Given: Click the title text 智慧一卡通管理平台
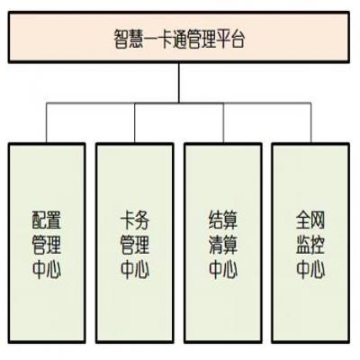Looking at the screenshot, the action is point(179,39).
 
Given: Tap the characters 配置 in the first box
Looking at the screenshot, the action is point(47,220).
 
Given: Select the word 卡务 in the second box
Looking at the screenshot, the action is point(135,220).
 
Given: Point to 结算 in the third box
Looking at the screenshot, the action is point(223,220).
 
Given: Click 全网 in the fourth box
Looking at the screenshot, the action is point(310,220).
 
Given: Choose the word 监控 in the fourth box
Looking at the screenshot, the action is point(310,245).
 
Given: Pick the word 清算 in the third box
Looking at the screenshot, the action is point(223,245).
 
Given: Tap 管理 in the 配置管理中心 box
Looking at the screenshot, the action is point(47,245).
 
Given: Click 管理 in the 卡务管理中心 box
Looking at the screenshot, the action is point(135,245).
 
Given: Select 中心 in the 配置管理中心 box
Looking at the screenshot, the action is point(47,269).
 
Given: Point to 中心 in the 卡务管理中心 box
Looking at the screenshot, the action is point(135,269).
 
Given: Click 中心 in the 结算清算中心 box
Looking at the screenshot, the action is point(223,269).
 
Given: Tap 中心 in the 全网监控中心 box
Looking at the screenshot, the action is point(310,269).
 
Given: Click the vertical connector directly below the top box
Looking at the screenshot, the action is point(179,83).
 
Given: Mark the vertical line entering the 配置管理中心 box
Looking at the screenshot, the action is point(47,123).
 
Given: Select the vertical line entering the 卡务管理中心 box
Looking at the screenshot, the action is point(135,123).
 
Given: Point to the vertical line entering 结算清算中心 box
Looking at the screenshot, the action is point(223,123).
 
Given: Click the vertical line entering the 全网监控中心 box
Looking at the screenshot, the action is point(310,123).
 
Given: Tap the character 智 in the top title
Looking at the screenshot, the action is point(121,39).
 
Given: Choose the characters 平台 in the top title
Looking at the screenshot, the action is point(230,39).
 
